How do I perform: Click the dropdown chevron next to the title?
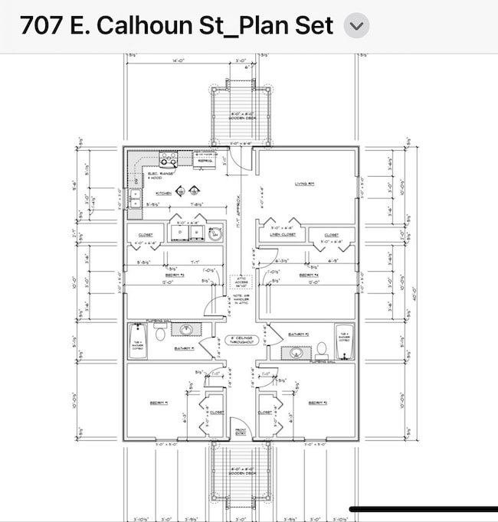(x=356, y=25)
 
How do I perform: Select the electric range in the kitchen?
(x=169, y=159)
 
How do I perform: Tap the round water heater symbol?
(x=215, y=233)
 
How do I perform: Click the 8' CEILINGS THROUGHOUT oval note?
(x=239, y=340)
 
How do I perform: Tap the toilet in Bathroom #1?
(x=161, y=333)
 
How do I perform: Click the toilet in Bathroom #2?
(x=322, y=348)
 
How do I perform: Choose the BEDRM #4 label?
(x=309, y=275)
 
